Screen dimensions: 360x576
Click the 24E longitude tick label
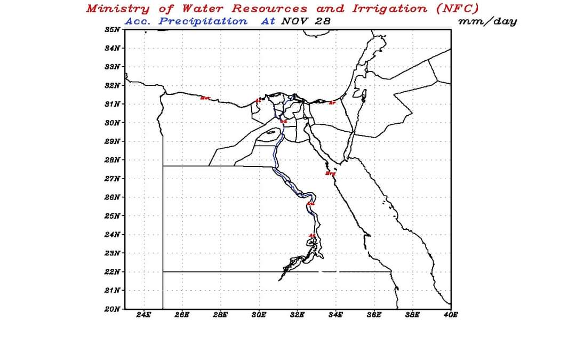point(143,315)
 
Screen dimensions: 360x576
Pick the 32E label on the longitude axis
point(297,315)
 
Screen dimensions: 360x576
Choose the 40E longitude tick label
point(451,315)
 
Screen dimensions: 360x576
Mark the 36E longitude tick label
point(374,315)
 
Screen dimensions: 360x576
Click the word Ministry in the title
point(117,9)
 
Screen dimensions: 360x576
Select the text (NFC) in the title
point(456,9)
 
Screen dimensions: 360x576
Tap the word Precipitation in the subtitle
point(203,21)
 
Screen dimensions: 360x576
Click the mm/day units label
point(487,21)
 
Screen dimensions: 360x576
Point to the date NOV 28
point(306,21)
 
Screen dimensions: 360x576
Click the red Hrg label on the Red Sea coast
point(331,173)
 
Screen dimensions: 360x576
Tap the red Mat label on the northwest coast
point(205,98)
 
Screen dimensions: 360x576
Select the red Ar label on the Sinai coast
point(332,102)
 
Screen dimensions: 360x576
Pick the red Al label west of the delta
point(259,100)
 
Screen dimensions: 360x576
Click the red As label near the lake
point(313,236)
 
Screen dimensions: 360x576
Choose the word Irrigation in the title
point(390,9)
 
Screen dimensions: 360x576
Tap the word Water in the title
point(203,9)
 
